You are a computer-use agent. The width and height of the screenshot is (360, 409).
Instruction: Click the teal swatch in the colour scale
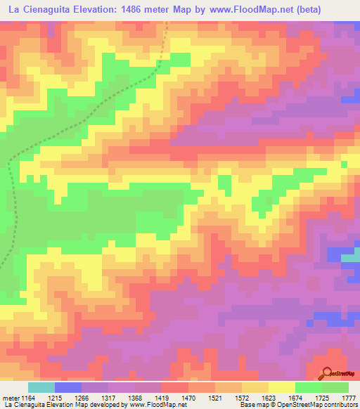[41, 387]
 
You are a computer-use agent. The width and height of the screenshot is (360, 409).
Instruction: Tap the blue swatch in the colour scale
[68, 387]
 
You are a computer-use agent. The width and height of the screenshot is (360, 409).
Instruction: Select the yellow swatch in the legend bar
[282, 387]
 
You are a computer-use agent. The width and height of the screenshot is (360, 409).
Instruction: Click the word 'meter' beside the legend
[12, 397]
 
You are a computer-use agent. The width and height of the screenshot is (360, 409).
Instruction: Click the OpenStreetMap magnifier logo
[328, 373]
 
